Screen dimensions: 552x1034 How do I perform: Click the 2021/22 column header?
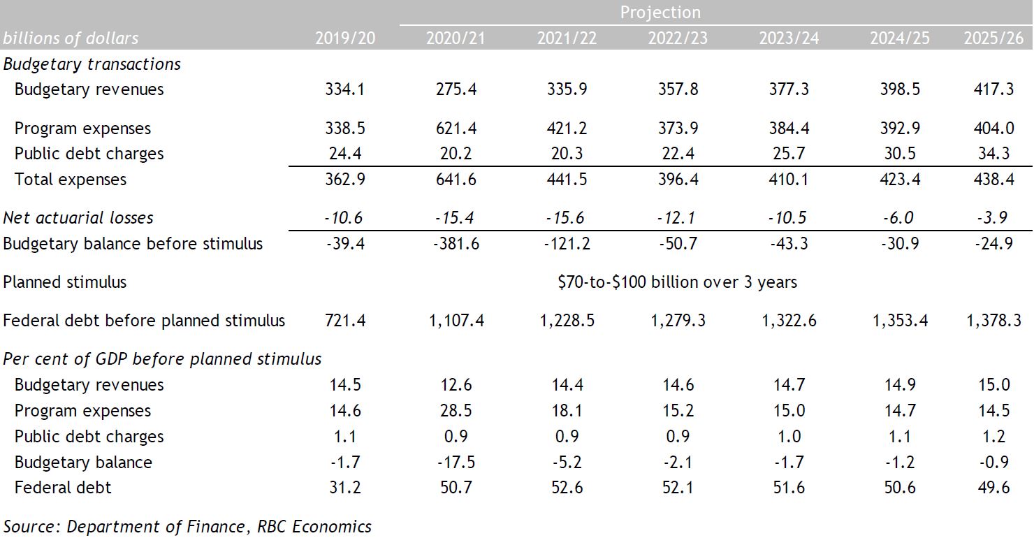[x=567, y=38]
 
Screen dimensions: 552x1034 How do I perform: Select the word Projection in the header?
[x=660, y=13]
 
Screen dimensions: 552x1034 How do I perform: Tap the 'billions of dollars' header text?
[x=71, y=38]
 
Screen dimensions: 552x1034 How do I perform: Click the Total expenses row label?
[x=71, y=180]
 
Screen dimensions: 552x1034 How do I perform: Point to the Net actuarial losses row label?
[x=78, y=218]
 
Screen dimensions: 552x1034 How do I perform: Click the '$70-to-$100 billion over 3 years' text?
[x=677, y=282]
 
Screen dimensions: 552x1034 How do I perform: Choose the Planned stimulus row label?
[x=65, y=282]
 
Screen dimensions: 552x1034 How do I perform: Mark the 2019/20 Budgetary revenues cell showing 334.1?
[x=344, y=89]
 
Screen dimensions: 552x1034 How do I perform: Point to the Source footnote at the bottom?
[x=187, y=526]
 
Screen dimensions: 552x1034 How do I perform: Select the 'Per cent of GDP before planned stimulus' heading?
[x=162, y=359]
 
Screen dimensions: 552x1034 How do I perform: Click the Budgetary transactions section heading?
[x=92, y=64]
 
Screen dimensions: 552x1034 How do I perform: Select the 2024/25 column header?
[x=899, y=38]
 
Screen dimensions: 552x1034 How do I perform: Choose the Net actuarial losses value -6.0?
[x=899, y=218]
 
